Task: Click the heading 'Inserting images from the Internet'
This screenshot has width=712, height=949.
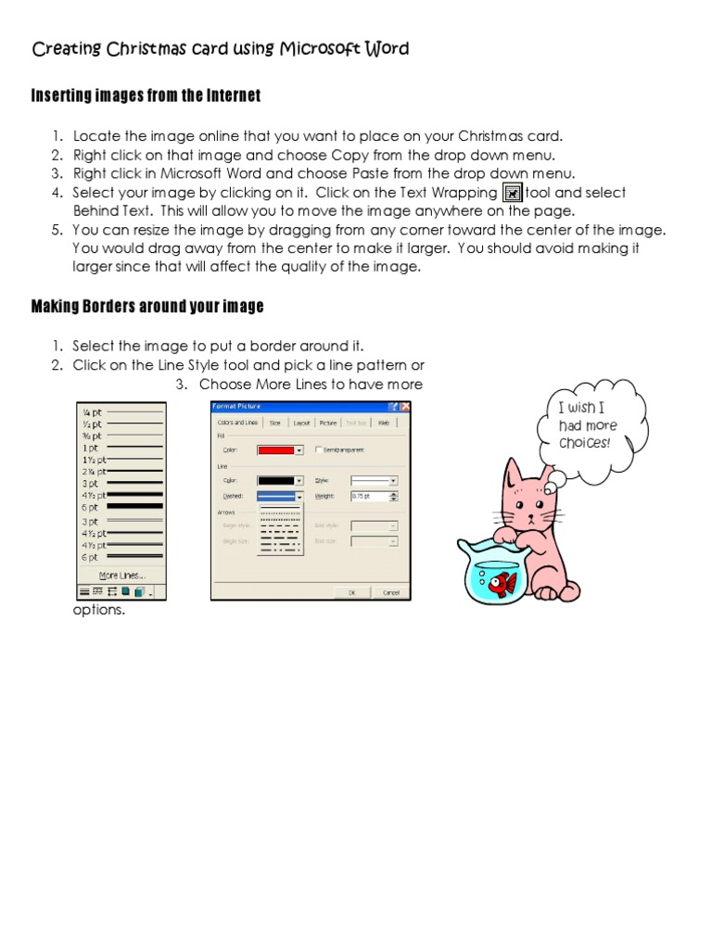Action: tap(146, 95)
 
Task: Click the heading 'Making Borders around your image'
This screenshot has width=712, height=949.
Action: tap(147, 306)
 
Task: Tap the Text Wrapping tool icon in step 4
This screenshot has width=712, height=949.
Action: tap(511, 193)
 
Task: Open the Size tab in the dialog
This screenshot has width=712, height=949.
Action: tap(274, 423)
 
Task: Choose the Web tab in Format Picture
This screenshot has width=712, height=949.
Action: tap(383, 423)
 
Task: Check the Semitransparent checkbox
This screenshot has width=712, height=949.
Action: tap(320, 450)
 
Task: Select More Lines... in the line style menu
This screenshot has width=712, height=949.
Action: tap(121, 576)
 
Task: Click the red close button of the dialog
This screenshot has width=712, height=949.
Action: tap(405, 406)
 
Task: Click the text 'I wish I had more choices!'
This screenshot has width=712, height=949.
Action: tap(587, 425)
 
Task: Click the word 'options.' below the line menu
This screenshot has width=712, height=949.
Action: tap(98, 611)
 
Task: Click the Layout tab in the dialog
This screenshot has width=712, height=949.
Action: tap(301, 423)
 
